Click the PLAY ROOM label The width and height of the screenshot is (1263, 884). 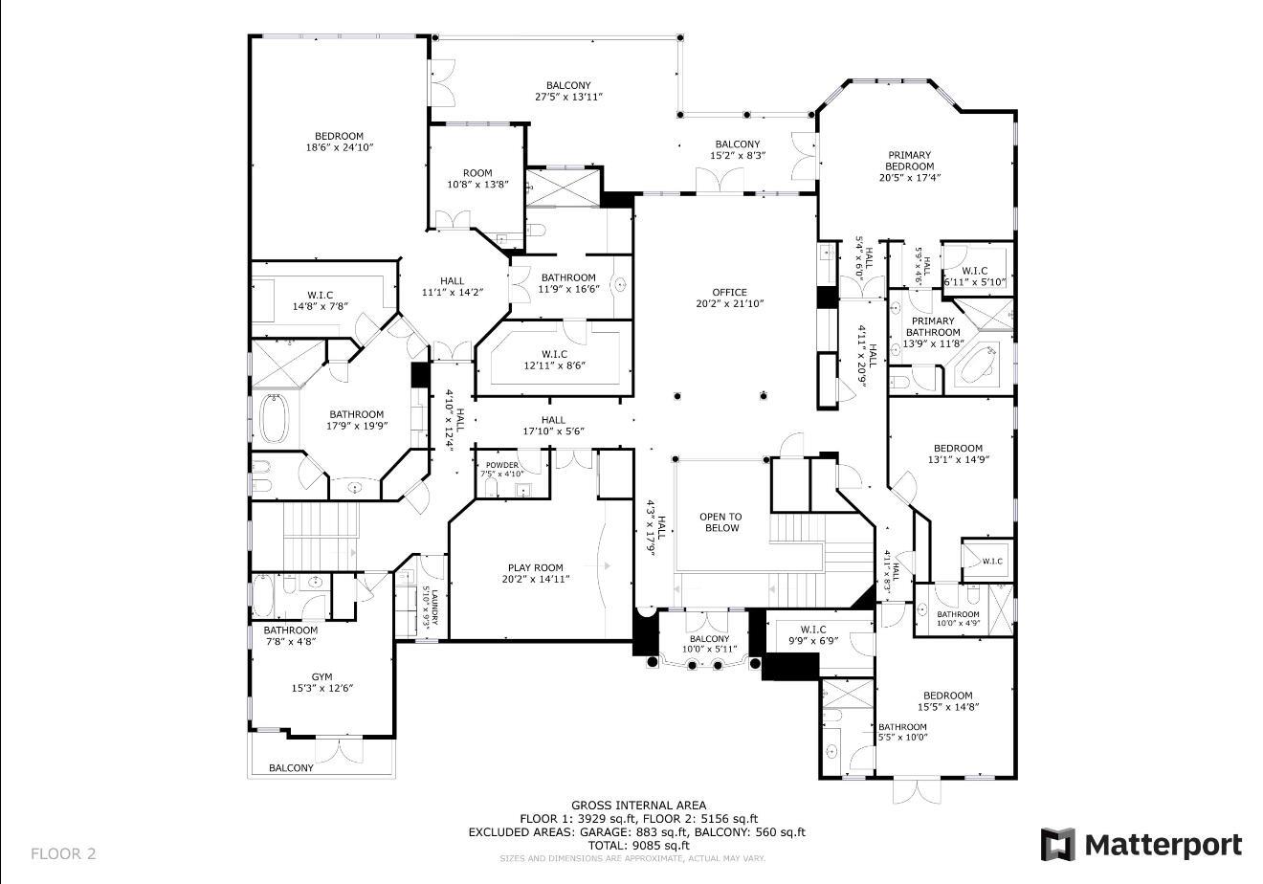(x=535, y=567)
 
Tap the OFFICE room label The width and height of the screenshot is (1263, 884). (x=729, y=293)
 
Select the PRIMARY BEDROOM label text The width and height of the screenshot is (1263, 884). (x=909, y=161)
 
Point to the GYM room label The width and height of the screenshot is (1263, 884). (x=321, y=677)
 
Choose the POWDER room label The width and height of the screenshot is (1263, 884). (x=501, y=466)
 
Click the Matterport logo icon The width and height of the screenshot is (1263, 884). (x=1056, y=845)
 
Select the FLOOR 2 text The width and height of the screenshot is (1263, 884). (x=63, y=853)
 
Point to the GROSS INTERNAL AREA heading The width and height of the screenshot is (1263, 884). (x=638, y=806)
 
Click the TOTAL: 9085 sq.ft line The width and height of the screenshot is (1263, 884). (x=638, y=846)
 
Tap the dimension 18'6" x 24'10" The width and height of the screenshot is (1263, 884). (x=339, y=147)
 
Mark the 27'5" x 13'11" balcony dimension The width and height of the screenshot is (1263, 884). (x=568, y=97)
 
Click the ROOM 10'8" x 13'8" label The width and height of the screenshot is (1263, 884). (x=477, y=179)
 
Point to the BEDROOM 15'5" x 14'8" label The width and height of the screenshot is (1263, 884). (x=947, y=701)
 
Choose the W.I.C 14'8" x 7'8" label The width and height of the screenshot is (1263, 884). (x=320, y=300)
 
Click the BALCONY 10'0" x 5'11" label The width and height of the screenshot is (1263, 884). (x=709, y=644)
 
